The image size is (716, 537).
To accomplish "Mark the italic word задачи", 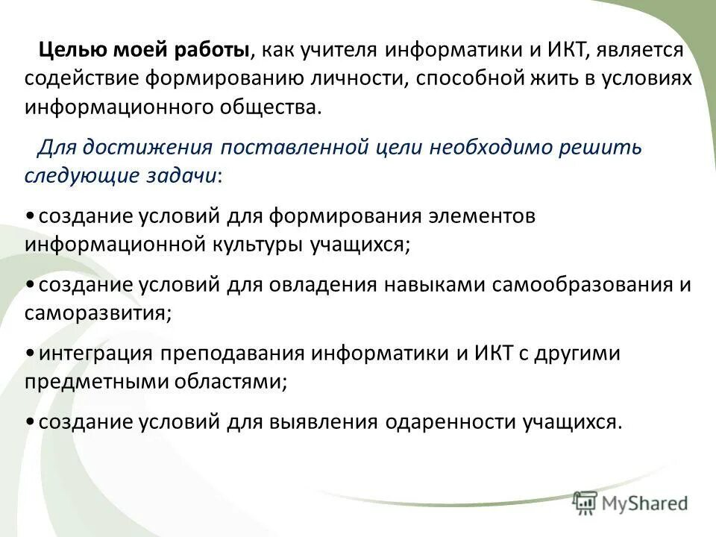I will (183, 175).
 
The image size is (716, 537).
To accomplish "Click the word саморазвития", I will (96, 313).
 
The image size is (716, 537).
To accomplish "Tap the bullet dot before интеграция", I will (28, 354).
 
